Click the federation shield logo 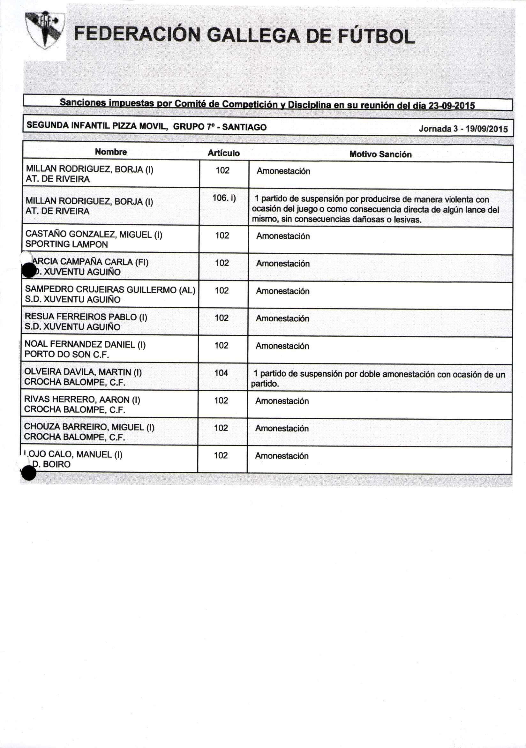pos(45,30)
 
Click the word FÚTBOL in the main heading pos(376,36)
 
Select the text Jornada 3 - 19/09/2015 pos(463,129)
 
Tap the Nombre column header pos(111,152)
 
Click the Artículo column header pos(223,153)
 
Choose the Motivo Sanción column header pos(380,154)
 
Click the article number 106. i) pos(224,198)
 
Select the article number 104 pos(221,373)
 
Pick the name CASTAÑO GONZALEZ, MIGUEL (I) pos(94,234)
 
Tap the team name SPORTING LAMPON pos(66,244)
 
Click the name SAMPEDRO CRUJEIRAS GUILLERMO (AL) pos(110,290)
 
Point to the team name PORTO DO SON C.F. pos(67,354)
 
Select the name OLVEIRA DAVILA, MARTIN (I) pos(83,372)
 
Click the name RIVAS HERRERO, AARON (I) pos(82,400)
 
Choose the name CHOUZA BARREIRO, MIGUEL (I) pos(89,427)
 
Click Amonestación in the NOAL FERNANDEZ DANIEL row pos(282,346)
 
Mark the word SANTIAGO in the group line pos(244,127)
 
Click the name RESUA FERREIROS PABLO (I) pos(86,317)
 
